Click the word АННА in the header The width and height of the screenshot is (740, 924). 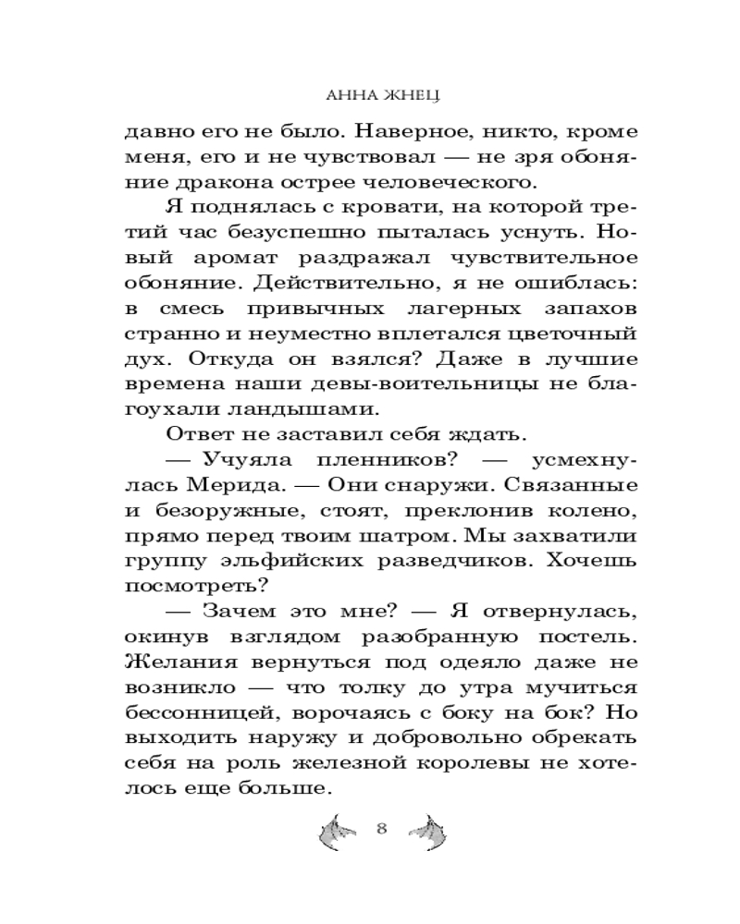(347, 94)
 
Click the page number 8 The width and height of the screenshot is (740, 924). (381, 827)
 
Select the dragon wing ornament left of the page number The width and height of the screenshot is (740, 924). (337, 831)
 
